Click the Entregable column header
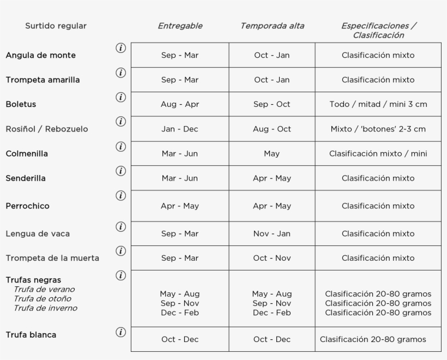180,26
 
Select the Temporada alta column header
272,26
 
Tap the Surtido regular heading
56,26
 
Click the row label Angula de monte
40,55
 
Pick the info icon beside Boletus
120,97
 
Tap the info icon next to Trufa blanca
120,332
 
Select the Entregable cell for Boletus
180,104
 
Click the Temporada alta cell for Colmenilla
272,154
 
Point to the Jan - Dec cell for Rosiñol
180,129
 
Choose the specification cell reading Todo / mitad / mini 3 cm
378,104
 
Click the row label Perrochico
27,206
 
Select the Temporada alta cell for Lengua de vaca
272,233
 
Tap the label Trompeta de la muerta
52,258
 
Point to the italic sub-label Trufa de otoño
43,298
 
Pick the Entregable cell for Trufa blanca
180,339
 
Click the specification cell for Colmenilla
378,154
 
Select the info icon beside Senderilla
120,171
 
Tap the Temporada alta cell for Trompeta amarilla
272,80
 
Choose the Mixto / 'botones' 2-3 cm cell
378,129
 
